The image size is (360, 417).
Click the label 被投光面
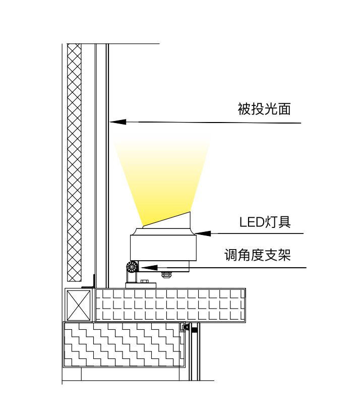coord(264,109)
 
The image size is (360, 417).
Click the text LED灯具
coord(265,222)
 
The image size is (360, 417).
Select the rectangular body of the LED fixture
coord(162,248)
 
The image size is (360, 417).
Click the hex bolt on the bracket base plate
coord(145,281)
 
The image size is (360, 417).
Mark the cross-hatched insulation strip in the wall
coord(74,161)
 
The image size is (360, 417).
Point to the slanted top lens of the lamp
coord(166,220)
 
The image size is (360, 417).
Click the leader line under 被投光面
coord(212,123)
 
